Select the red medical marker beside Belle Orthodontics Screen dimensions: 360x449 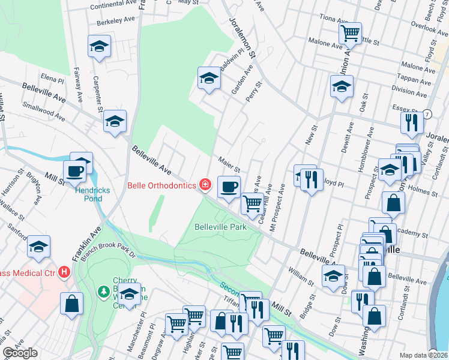[x=205, y=185]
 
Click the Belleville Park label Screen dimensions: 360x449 [x=220, y=227]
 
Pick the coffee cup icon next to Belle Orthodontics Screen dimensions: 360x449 [x=228, y=187]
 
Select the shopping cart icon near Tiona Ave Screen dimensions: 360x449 [x=350, y=33]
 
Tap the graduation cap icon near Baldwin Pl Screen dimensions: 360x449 [x=209, y=78]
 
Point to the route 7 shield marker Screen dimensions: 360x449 [x=427, y=113]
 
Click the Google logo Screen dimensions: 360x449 [x=20, y=353]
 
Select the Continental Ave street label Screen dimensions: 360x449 [x=113, y=6]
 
